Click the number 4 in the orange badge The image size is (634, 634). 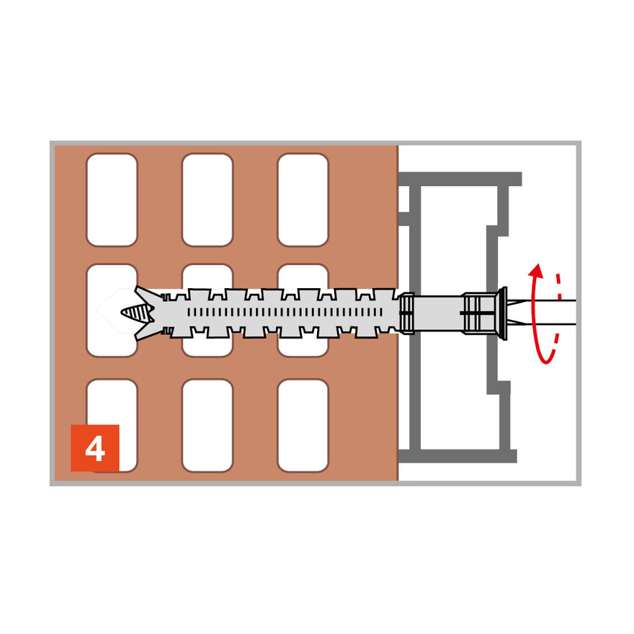tap(94, 449)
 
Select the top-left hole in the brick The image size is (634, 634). tap(112, 200)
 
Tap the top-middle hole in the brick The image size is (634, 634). tap(207, 200)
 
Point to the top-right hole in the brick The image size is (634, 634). tap(303, 200)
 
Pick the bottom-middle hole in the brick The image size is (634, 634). tap(207, 425)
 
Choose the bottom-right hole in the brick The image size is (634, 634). tap(303, 425)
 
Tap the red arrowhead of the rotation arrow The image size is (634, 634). tap(535, 271)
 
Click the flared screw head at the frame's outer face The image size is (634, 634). tap(502, 312)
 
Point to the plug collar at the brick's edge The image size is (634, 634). tap(407, 313)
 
